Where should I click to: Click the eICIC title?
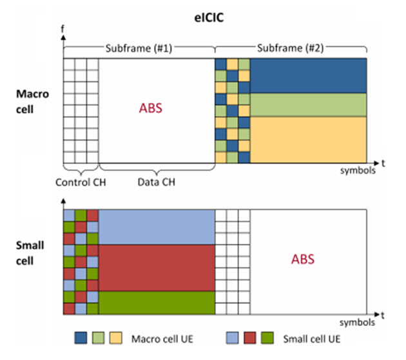[x=209, y=18]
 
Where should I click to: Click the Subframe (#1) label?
[x=139, y=48]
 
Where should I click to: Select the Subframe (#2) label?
[x=290, y=48]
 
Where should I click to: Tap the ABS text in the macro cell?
[x=150, y=108]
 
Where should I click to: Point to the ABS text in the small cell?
[x=303, y=259]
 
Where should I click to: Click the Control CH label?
[x=81, y=182]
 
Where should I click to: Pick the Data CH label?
[x=157, y=182]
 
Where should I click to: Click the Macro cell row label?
[x=32, y=101]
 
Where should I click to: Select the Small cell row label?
[x=30, y=253]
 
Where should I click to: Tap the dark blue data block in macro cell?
[x=309, y=75]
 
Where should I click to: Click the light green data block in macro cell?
[x=309, y=105]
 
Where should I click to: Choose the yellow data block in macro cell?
[x=309, y=140]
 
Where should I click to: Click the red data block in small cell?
[x=157, y=268]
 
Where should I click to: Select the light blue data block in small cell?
[x=157, y=227]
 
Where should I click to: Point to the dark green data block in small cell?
[x=157, y=303]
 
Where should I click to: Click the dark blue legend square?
[x=81, y=338]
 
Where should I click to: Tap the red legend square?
[x=250, y=338]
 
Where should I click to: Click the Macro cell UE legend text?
[x=162, y=339]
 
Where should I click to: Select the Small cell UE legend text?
[x=312, y=339]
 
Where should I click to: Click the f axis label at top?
[x=63, y=29]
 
